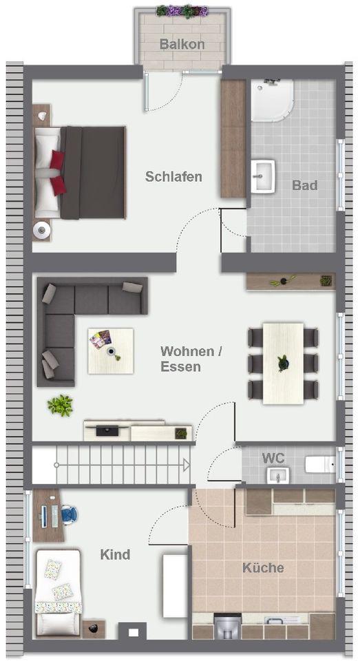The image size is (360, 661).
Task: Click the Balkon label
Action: pos(182,45)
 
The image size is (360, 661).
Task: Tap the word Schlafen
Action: pos(173,176)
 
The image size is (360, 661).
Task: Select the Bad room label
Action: pos(304,185)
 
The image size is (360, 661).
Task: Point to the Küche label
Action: pos(263,568)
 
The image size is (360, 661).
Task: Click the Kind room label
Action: pos(115,554)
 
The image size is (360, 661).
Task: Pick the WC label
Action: pos(273,458)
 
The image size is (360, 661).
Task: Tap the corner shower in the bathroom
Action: pos(271,101)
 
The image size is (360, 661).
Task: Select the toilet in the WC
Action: pos(319,465)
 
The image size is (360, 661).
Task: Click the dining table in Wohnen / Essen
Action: pos(283,363)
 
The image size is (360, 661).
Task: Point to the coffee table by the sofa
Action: pos(110,350)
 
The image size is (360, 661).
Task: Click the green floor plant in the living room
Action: pos(61,406)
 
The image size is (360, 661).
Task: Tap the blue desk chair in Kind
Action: pos(69,514)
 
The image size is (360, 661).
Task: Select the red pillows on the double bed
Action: pos(57,172)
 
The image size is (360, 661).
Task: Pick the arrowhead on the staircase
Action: pos(186,465)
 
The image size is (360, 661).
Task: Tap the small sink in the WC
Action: pos(279,475)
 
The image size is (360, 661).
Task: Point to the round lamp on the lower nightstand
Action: pos(41,229)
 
